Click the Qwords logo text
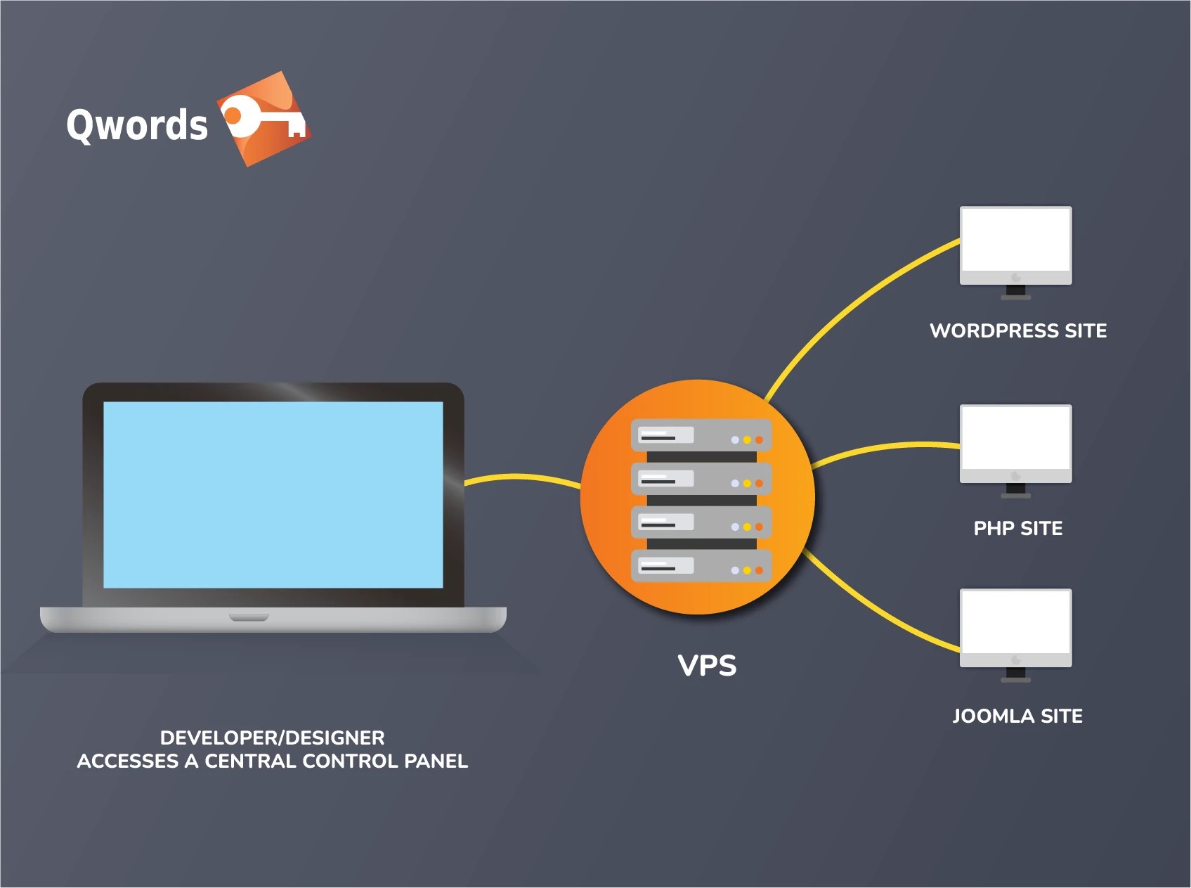click(x=137, y=125)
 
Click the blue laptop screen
click(x=273, y=494)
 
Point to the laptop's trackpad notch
click(x=249, y=617)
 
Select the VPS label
click(x=707, y=666)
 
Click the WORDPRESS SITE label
click(x=1018, y=330)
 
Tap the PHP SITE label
click(x=1017, y=528)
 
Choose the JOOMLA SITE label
click(x=1017, y=716)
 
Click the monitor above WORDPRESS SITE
click(x=1015, y=243)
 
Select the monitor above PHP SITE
click(x=1015, y=441)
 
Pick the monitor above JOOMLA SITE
click(x=1015, y=625)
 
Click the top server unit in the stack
click(x=701, y=435)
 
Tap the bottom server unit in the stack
click(x=701, y=566)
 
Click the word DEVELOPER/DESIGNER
click(x=272, y=738)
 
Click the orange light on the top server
click(x=759, y=440)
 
